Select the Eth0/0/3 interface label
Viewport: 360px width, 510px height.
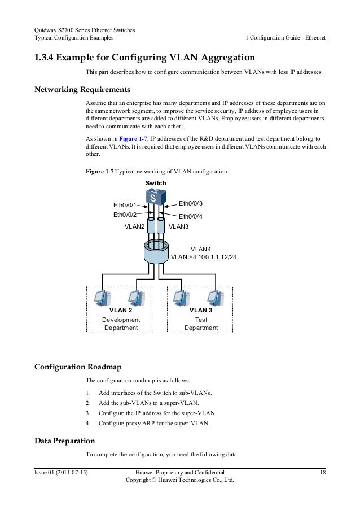coord(190,203)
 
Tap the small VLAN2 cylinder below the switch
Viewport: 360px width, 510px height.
coord(151,226)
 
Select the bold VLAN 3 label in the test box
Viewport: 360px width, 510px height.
coord(201,310)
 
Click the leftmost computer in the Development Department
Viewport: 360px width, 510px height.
coord(103,297)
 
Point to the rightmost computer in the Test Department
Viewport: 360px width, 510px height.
coord(215,297)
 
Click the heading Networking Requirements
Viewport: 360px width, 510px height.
coord(82,90)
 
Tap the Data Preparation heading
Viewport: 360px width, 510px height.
coord(64,440)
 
